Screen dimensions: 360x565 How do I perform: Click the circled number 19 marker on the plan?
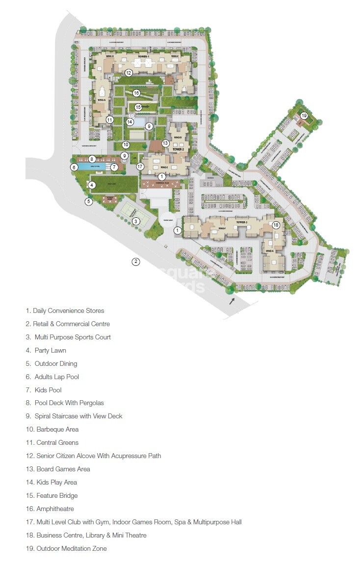304,116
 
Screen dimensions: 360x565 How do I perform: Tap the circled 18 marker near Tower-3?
276,225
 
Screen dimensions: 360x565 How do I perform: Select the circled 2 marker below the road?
136,261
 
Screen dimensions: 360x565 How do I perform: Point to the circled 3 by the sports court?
136,221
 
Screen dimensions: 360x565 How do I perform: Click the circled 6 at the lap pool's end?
74,167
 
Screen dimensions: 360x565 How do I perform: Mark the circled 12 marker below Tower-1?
129,73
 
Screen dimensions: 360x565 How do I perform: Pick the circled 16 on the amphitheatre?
136,93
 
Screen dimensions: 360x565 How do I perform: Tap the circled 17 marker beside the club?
140,167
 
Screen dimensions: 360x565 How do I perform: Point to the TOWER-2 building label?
178,150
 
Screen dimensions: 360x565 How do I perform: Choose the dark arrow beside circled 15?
146,107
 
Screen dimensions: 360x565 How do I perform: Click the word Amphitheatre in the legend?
55,509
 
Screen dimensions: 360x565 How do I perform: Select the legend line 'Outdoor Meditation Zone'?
71,548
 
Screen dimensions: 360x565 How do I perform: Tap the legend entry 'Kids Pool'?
48,390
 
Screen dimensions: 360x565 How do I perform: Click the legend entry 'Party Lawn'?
50,350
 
